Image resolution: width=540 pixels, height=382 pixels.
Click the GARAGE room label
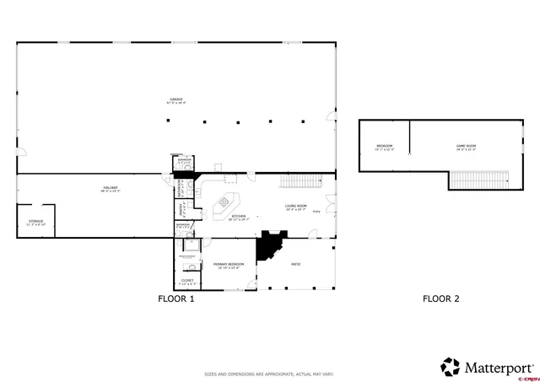coord(175,100)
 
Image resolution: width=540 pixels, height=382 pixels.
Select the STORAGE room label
coord(35,222)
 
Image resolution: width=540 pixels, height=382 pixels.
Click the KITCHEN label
coord(238,217)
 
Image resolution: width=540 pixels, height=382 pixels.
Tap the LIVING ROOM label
coord(295,207)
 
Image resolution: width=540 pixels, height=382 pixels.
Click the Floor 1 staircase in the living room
coord(301,181)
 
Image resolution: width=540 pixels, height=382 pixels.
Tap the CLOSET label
coord(186,281)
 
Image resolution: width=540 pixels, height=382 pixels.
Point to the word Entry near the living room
coord(316,212)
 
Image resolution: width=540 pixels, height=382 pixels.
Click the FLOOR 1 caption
coord(176,299)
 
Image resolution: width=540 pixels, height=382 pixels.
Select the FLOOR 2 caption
coord(440,299)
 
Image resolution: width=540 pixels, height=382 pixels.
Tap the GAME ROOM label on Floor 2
coord(467,148)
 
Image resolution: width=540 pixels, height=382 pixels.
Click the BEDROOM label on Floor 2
coord(385,148)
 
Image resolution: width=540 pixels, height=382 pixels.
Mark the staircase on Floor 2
coord(479,180)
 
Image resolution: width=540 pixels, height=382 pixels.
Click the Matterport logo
coord(488,367)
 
